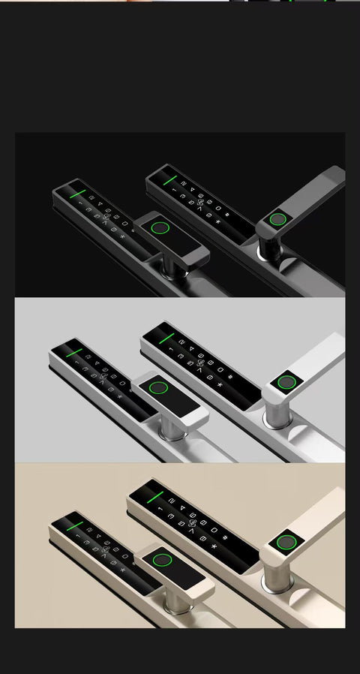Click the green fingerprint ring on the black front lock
pos(160,228)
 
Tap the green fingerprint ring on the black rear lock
pos(278,219)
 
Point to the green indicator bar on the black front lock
pos(77,192)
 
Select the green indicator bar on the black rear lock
pos(169,180)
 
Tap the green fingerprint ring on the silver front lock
pos(157,388)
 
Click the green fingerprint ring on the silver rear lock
pos(286,382)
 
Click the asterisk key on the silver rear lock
pos(220,386)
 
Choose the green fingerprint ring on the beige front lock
pos(160,559)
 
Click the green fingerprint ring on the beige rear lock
pos(285,542)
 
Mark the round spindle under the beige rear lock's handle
pos(274,579)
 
